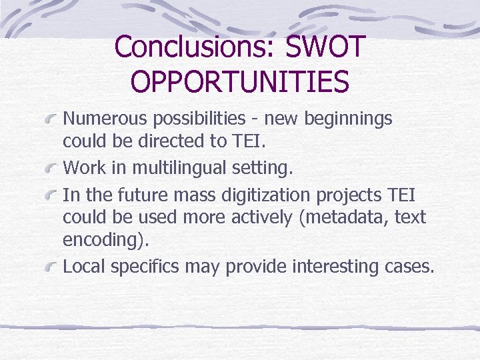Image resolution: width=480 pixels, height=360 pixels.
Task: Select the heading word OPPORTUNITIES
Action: (240, 82)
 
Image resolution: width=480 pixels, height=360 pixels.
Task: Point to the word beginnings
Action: (347, 119)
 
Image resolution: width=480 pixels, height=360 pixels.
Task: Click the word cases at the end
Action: (411, 267)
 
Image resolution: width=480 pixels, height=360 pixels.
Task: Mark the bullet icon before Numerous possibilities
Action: (51, 120)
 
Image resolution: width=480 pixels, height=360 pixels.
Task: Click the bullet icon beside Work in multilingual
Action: (51, 169)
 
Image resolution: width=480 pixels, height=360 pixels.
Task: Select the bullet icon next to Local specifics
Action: (51, 268)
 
